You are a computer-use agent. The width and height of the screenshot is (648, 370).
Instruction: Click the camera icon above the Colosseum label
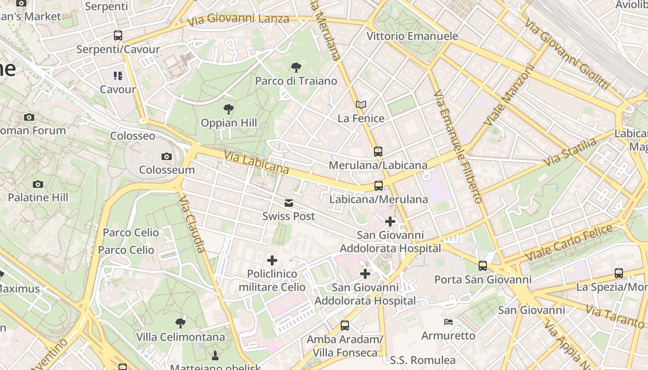(x=167, y=157)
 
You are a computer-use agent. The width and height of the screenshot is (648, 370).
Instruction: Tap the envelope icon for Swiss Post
(x=289, y=203)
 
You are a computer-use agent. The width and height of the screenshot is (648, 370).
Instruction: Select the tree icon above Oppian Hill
(x=228, y=110)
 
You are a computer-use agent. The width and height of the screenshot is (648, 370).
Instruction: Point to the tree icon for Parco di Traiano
(x=296, y=68)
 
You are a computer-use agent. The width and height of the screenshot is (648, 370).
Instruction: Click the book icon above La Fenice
(x=361, y=105)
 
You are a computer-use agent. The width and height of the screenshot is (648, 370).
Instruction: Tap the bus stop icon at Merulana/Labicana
(x=378, y=151)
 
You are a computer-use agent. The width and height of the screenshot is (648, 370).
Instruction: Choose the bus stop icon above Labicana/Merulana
(x=379, y=186)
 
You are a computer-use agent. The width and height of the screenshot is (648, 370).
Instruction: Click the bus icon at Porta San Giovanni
(x=483, y=266)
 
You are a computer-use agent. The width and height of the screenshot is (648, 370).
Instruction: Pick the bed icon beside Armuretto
(x=449, y=322)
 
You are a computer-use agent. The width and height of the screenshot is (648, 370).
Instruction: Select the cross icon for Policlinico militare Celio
(x=272, y=260)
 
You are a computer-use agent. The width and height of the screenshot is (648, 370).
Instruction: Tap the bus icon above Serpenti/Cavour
(x=118, y=36)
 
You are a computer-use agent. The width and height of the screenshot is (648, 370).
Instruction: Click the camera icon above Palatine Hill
(x=38, y=184)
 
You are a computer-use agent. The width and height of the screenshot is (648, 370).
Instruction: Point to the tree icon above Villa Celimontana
(x=181, y=323)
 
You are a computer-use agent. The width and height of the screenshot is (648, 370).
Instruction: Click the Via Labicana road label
(x=256, y=162)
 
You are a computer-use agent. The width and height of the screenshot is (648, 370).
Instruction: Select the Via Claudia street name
(x=192, y=223)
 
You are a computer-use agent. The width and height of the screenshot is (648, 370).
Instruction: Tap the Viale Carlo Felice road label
(x=569, y=241)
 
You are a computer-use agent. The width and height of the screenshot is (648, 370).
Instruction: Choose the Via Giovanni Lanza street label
(x=238, y=19)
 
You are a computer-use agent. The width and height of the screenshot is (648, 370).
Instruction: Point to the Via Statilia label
(x=570, y=152)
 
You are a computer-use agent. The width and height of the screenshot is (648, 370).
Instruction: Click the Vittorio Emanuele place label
(x=412, y=36)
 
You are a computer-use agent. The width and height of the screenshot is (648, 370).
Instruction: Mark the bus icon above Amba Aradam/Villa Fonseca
(x=345, y=326)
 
